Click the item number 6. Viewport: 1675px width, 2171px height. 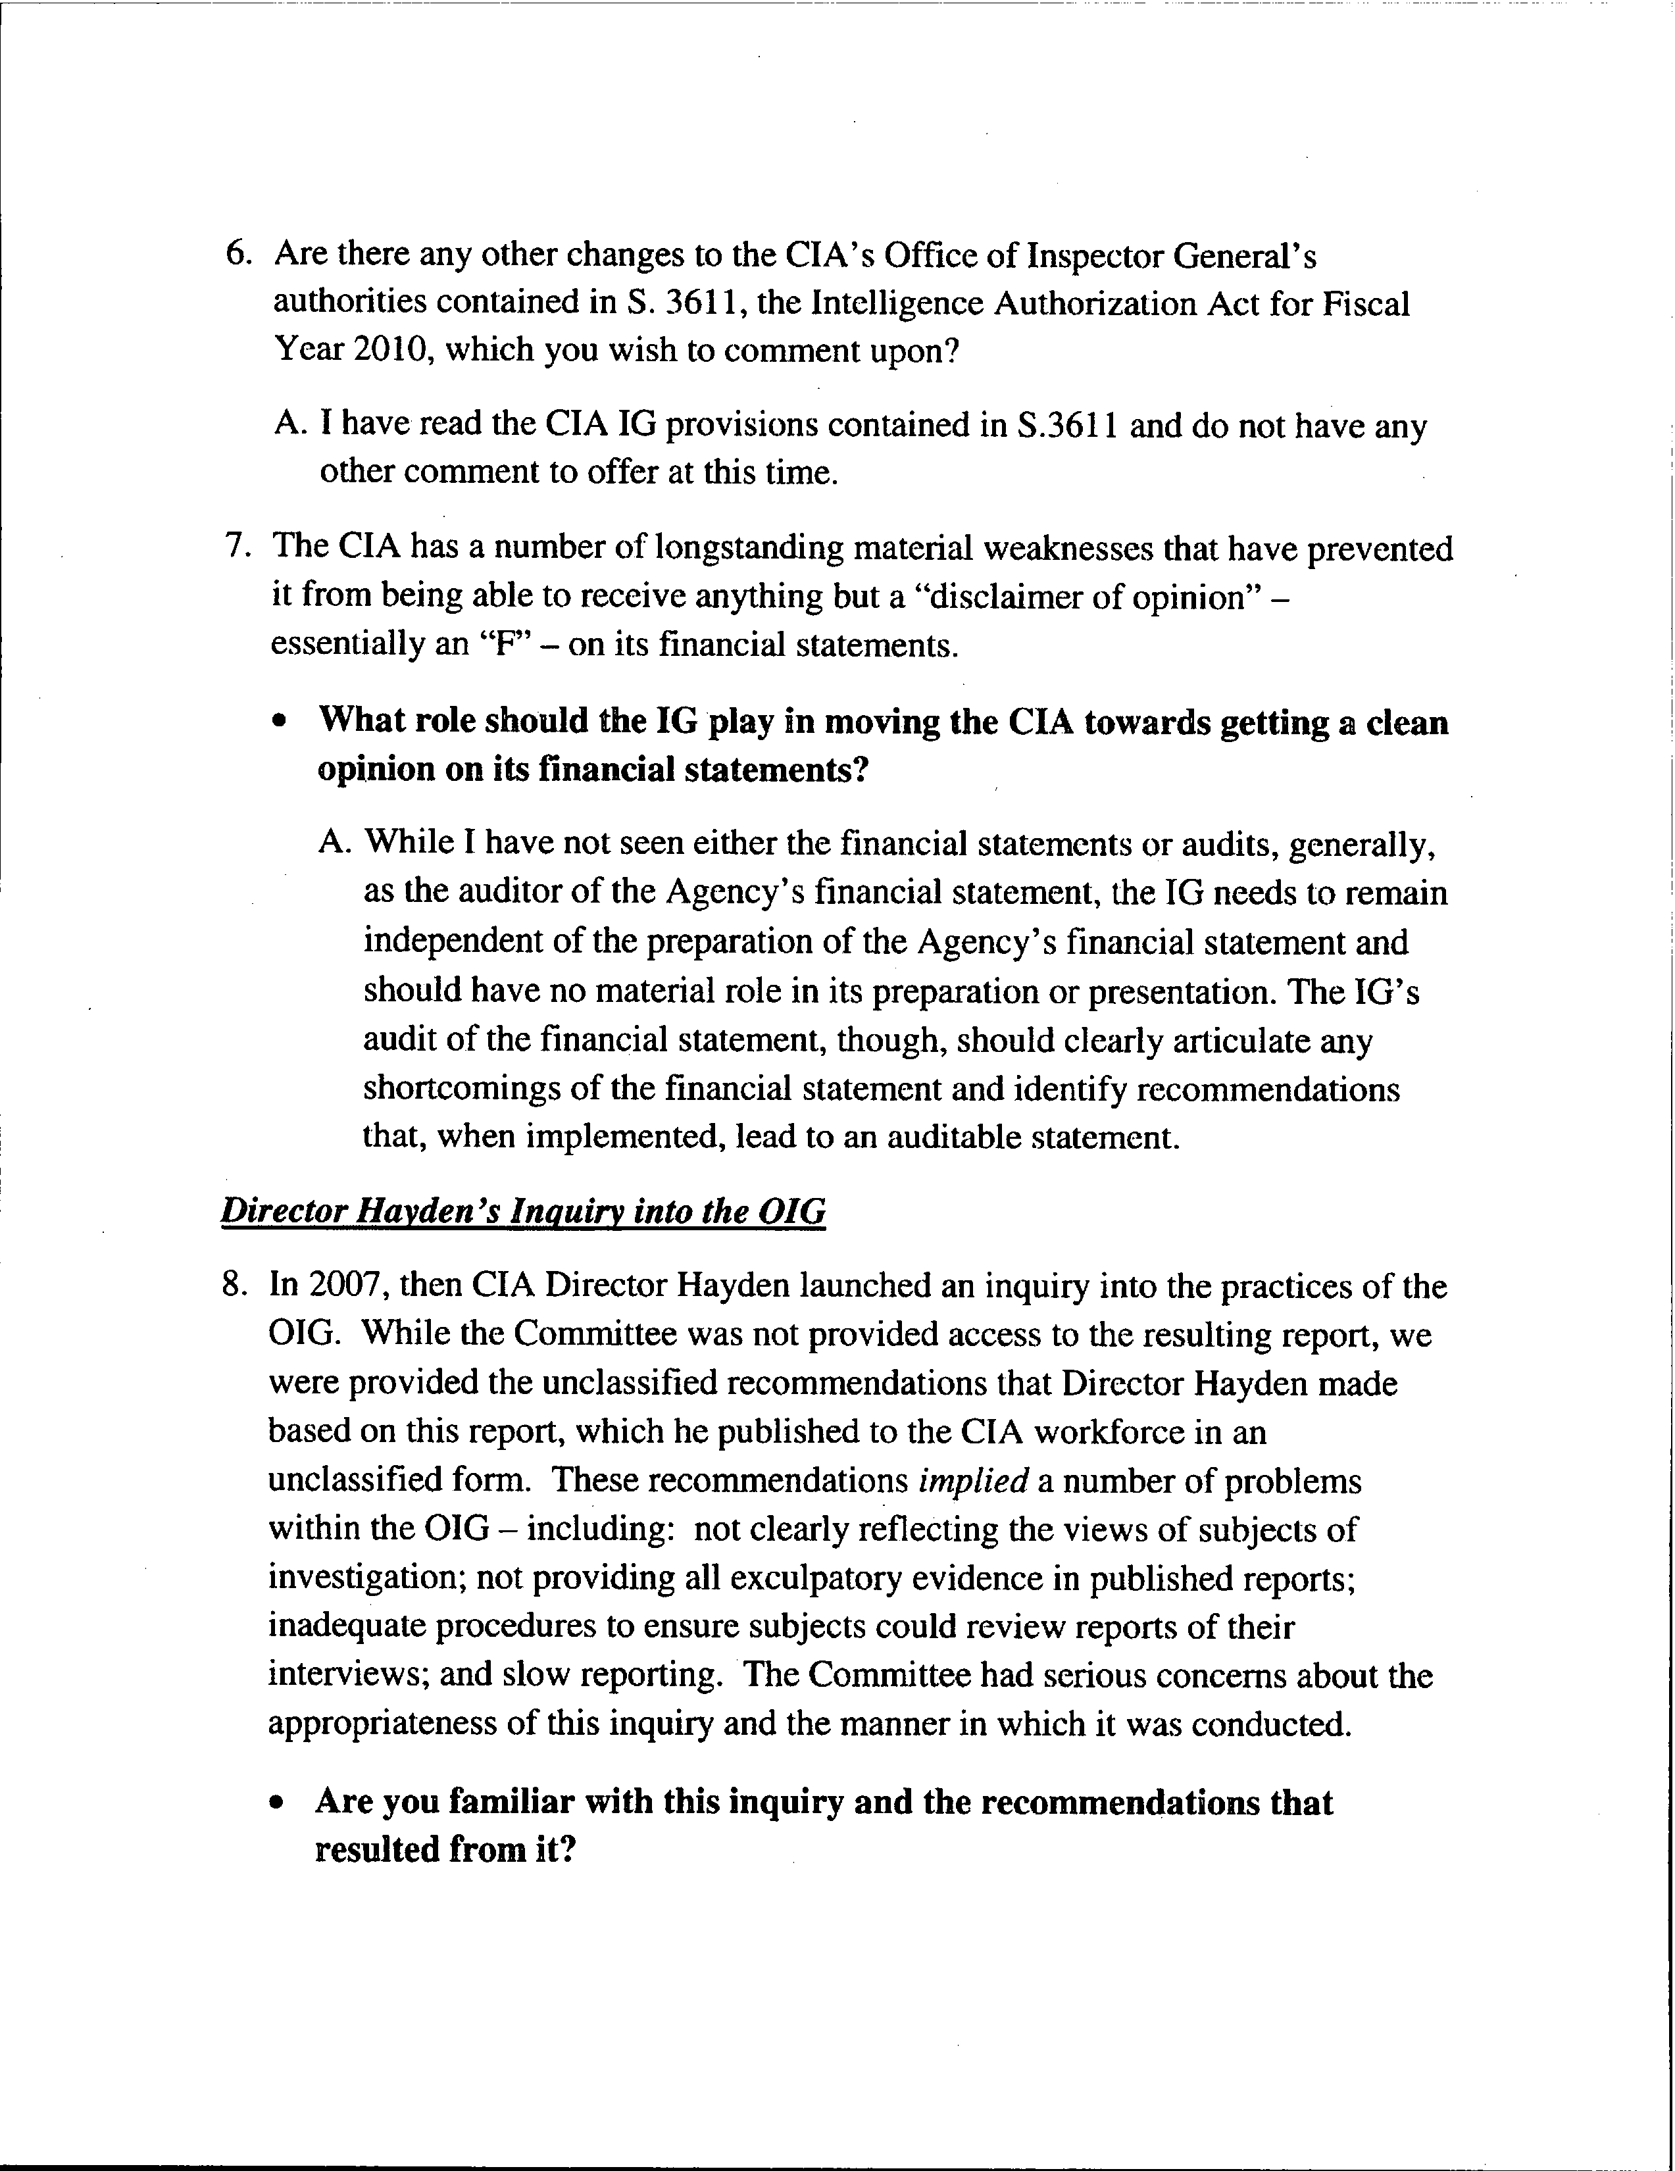(x=237, y=255)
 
